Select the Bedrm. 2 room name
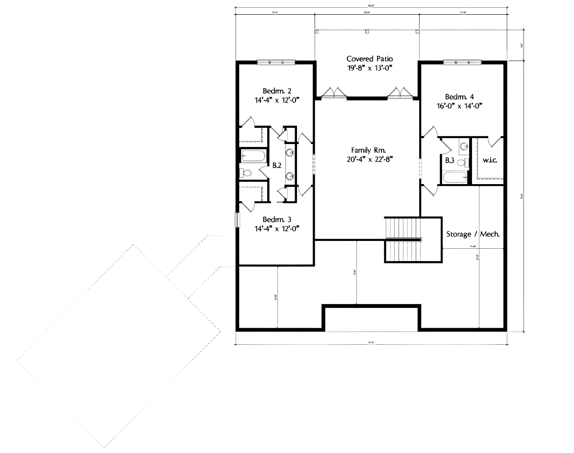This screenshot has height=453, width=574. tap(277, 91)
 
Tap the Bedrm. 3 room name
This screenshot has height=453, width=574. tap(277, 219)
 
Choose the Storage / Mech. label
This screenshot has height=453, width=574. tap(473, 234)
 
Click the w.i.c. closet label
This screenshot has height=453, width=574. tap(490, 161)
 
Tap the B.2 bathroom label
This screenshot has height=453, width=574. tap(276, 166)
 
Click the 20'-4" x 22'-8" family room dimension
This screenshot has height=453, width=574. tap(369, 159)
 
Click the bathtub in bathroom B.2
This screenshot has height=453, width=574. tap(252, 157)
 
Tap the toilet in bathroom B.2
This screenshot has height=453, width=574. tap(247, 172)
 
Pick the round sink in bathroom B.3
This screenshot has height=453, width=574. tap(463, 144)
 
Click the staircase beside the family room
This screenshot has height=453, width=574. tap(403, 240)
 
